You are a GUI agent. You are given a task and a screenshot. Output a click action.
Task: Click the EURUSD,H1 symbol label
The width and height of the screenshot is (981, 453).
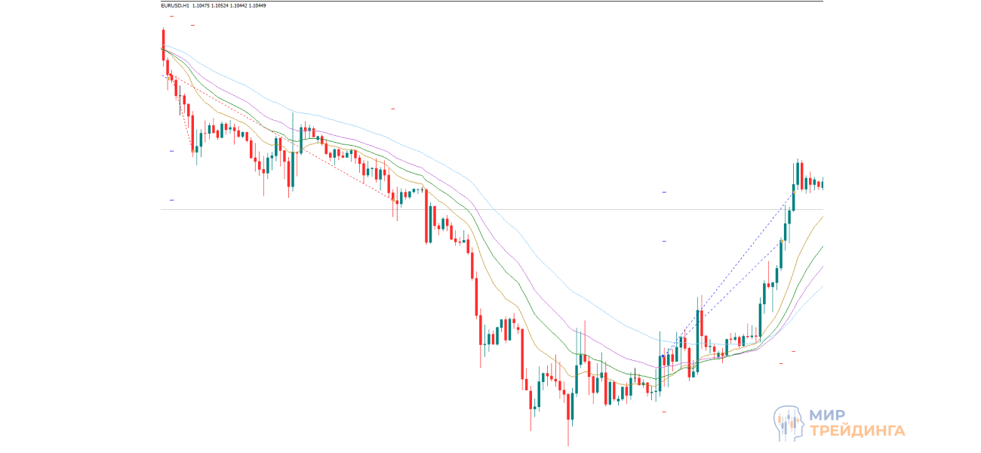pos(175,5)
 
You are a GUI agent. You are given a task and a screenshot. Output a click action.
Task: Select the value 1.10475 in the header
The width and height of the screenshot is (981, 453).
pos(201,5)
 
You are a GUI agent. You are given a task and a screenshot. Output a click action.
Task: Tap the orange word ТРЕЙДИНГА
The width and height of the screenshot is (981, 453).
pos(857,431)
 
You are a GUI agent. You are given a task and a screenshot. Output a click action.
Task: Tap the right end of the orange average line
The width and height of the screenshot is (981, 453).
pos(821,217)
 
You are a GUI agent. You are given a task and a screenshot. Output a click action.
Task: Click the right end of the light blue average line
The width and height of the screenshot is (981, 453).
pos(822,285)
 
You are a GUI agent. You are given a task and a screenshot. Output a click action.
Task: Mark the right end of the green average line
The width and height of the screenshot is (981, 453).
pos(822,245)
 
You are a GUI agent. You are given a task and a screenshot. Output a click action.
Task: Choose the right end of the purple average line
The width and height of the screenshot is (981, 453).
pos(822,267)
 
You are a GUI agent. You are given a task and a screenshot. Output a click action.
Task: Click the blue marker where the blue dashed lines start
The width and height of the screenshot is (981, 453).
pos(662,356)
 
